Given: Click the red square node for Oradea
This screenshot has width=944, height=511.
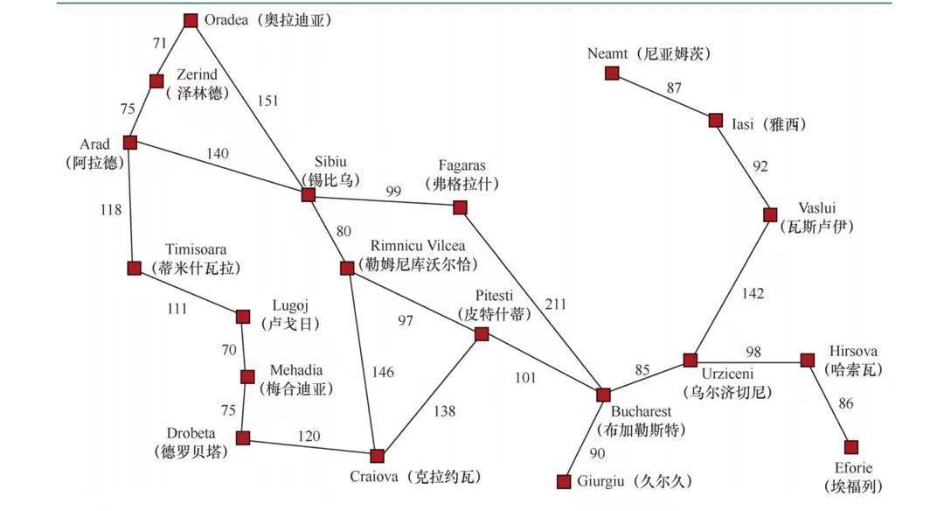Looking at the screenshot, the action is [191, 20].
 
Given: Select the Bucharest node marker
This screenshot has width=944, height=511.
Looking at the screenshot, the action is [603, 395].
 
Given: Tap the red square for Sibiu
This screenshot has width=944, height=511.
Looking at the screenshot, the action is [308, 194].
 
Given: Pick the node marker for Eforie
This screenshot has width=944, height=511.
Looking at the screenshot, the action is [851, 447].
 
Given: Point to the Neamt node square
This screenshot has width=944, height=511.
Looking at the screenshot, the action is [612, 73].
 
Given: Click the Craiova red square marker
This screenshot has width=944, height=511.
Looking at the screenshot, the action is [377, 456].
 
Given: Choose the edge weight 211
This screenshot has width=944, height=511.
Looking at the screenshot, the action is [555, 304].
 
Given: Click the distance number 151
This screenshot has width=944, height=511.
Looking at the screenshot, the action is [267, 100].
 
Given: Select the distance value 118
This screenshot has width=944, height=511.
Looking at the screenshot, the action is [110, 209].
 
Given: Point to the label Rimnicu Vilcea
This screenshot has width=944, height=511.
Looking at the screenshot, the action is [417, 245].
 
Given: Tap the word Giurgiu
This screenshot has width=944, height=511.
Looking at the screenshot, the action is [602, 480].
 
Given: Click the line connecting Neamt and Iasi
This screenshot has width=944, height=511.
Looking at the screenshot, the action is [664, 97].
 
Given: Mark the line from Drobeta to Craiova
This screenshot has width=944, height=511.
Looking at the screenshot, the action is [310, 446].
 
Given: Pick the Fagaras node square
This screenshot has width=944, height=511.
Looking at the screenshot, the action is [460, 207].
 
